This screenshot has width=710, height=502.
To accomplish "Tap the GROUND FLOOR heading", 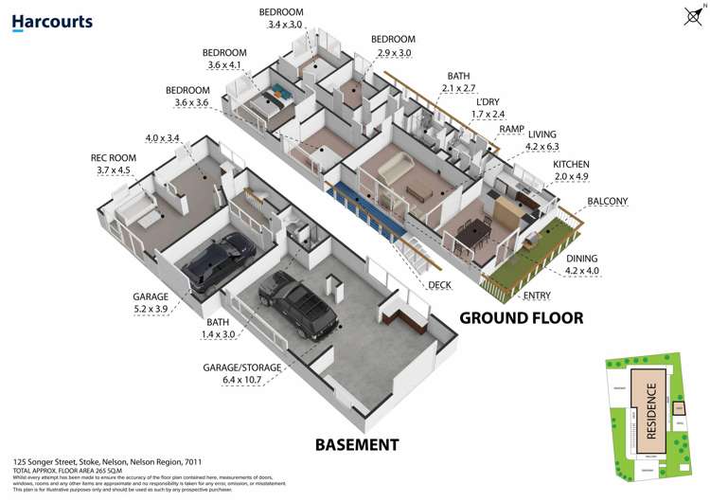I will pyautogui.click(x=521, y=317).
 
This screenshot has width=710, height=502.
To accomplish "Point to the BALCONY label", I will pyautogui.click(x=607, y=202).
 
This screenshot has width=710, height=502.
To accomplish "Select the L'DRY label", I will pyautogui.click(x=488, y=101).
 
